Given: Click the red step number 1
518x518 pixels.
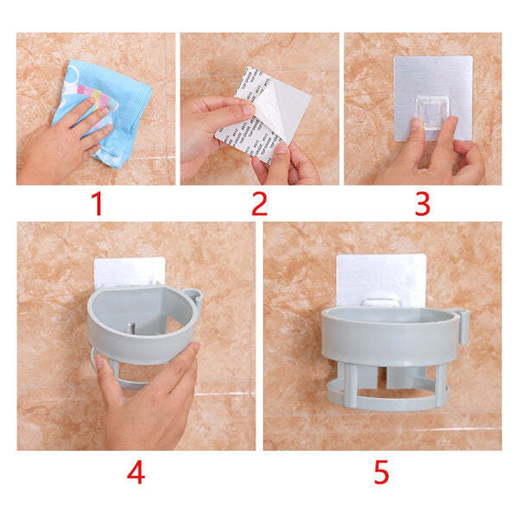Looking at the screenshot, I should coord(96,205).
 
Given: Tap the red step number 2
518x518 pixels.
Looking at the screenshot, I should coord(260,205).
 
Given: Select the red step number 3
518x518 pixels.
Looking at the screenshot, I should coord(422,205).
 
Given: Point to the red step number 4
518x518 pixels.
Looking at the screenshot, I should coord(136,474).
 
